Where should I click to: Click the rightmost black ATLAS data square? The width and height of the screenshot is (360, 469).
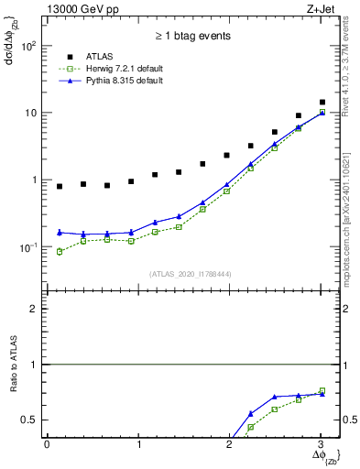coord(322,103)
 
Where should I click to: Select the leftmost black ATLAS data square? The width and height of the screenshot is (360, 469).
coord(60,186)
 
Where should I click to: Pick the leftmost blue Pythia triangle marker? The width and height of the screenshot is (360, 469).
coord(60,232)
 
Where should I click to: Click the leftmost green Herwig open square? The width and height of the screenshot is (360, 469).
coord(60,251)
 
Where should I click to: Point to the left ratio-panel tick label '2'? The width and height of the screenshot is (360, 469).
coord(34,309)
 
